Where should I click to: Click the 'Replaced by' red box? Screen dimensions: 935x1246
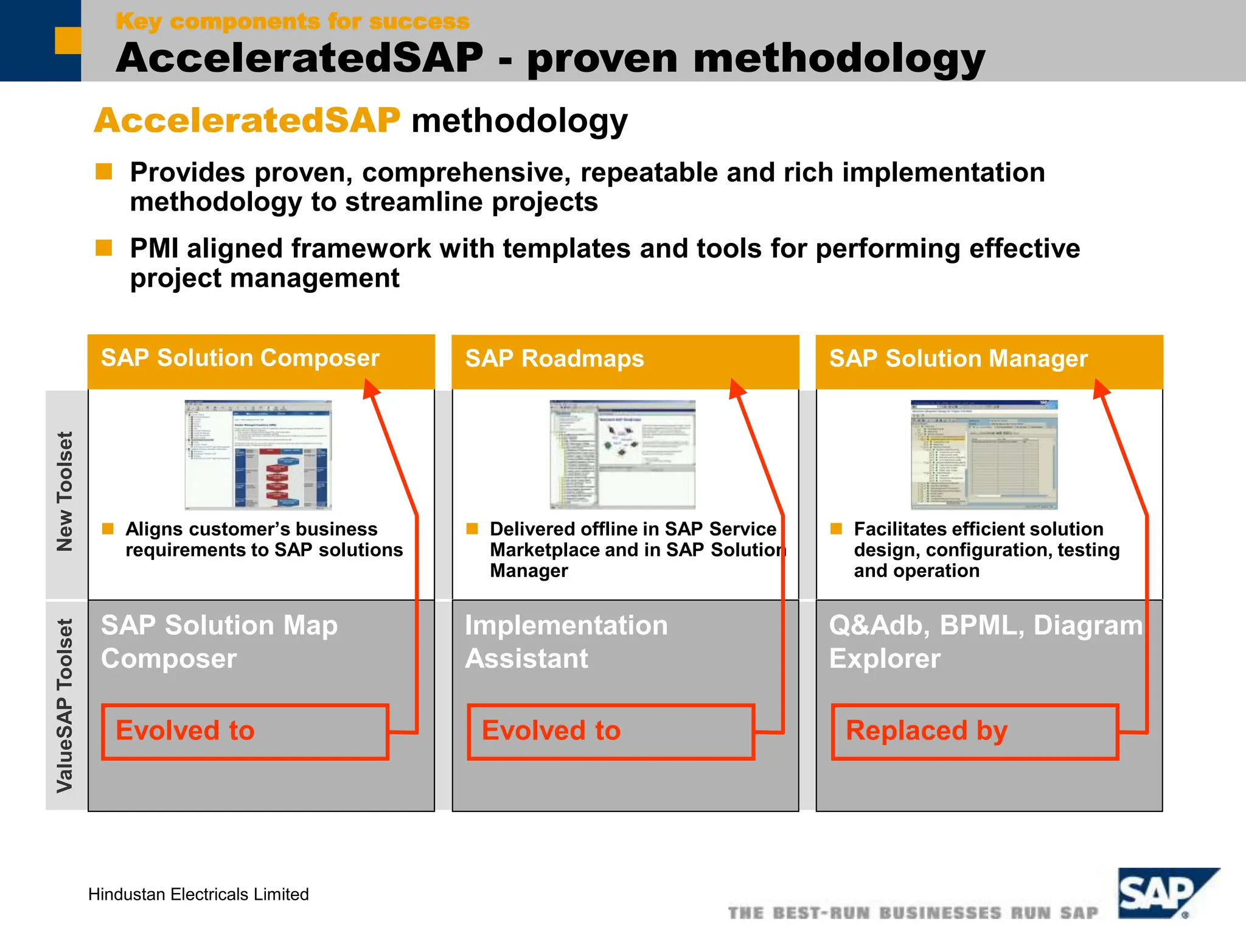coord(975,732)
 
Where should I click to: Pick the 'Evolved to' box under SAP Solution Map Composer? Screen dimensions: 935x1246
coord(245,732)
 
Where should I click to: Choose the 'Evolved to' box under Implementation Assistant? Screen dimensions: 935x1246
coord(611,732)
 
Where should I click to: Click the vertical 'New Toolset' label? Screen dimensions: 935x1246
coord(65,491)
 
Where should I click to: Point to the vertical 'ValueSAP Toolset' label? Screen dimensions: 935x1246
coord(65,706)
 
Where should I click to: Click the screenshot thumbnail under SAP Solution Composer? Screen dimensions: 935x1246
coord(258,455)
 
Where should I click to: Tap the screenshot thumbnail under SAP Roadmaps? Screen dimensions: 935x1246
coord(622,455)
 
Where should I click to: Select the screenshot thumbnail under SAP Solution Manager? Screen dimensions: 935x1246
coord(984,455)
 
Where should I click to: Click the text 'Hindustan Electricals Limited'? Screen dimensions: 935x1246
coord(198,894)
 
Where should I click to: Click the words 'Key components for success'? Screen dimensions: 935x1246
coord(293,22)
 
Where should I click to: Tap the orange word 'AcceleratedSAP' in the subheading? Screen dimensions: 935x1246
coord(247,121)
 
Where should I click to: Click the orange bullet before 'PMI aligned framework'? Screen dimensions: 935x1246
coord(104,248)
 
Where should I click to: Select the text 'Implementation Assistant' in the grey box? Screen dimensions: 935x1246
coord(566,642)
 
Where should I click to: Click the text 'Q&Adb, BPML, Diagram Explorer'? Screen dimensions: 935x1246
coord(986,642)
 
